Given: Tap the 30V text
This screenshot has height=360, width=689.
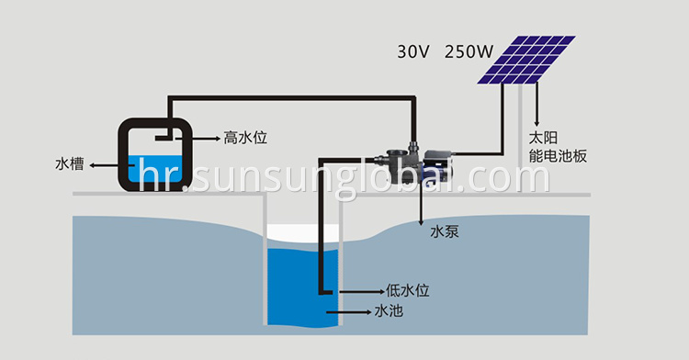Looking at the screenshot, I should [413, 51].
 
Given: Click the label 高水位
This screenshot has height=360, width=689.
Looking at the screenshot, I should [245, 138].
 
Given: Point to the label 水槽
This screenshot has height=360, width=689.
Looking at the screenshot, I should [69, 165].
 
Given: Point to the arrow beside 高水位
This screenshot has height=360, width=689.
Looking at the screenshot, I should [206, 138].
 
